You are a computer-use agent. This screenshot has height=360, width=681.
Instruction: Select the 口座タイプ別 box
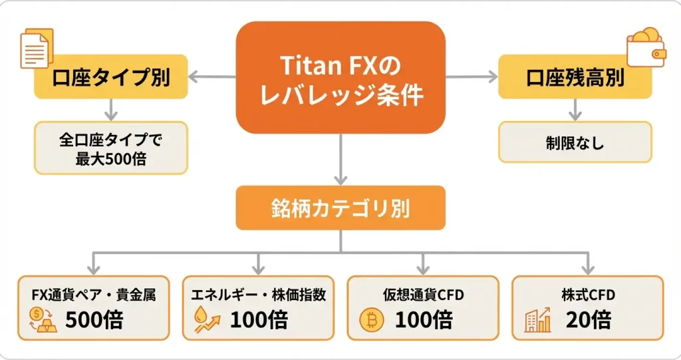pos(110,77)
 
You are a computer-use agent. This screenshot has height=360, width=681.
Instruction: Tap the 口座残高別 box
pos(575,77)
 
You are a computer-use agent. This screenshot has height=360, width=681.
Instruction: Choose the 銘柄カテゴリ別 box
pos(340,208)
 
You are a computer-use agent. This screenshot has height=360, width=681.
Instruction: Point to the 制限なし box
pos(575,142)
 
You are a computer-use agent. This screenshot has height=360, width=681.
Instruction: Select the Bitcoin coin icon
pos(371,320)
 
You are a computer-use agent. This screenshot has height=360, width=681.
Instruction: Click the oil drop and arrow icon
pos(206,320)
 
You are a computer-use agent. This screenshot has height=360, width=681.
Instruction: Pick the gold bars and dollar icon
pos(43,320)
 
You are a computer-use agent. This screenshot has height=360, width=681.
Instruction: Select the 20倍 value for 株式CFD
pos(589,320)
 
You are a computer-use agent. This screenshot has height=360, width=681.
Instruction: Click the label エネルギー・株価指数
pos(258,295)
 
